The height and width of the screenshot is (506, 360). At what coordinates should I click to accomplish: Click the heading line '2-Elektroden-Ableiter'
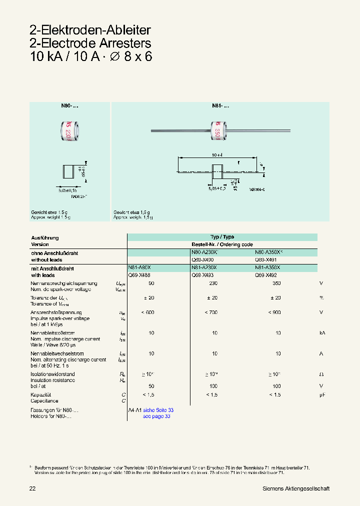90,30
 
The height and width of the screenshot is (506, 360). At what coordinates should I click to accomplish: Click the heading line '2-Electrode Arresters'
90,43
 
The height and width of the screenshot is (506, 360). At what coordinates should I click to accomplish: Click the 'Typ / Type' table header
222,237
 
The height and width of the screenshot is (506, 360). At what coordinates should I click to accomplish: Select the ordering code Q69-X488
138,275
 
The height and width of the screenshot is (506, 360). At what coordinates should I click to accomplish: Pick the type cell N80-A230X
204,253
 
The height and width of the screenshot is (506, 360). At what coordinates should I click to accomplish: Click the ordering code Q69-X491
265,260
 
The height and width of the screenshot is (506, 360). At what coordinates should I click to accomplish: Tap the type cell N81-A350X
267,268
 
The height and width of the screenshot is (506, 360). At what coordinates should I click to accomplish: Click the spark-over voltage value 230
214,283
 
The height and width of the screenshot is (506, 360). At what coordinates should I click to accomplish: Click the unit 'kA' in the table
322,332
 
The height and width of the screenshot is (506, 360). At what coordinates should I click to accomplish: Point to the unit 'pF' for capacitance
322,394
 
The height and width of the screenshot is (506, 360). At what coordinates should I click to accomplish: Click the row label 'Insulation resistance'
53,380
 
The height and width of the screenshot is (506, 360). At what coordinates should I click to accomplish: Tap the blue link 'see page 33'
156,416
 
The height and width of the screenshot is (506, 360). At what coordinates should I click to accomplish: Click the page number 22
32,488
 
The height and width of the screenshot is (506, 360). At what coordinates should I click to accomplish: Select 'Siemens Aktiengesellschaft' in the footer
296,488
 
